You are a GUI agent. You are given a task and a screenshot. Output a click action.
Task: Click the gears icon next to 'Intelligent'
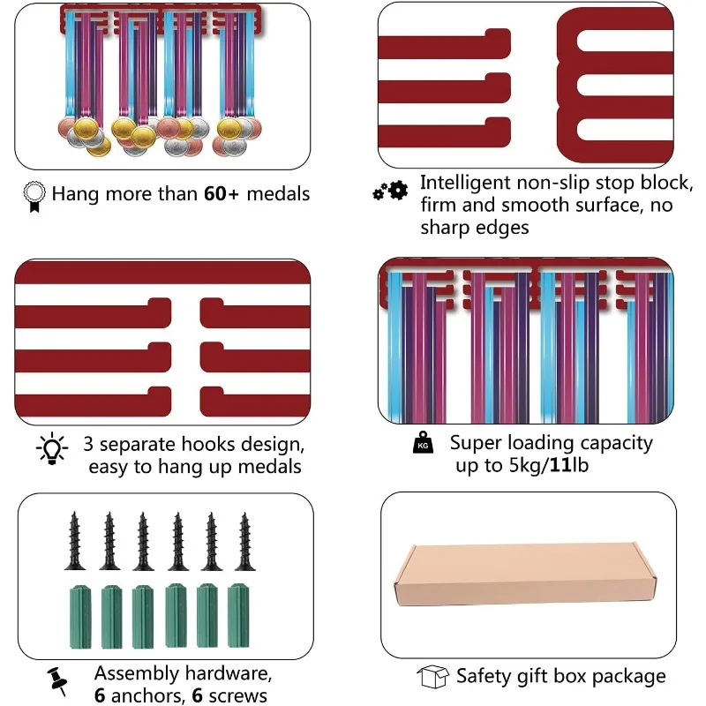(390, 189)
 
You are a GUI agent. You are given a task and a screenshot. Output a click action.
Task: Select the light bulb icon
(50, 449)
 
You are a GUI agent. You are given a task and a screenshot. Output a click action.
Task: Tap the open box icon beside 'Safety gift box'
(432, 677)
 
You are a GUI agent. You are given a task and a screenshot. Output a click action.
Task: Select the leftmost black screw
(74, 542)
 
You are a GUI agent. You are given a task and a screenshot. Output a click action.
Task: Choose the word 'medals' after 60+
(279, 193)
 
